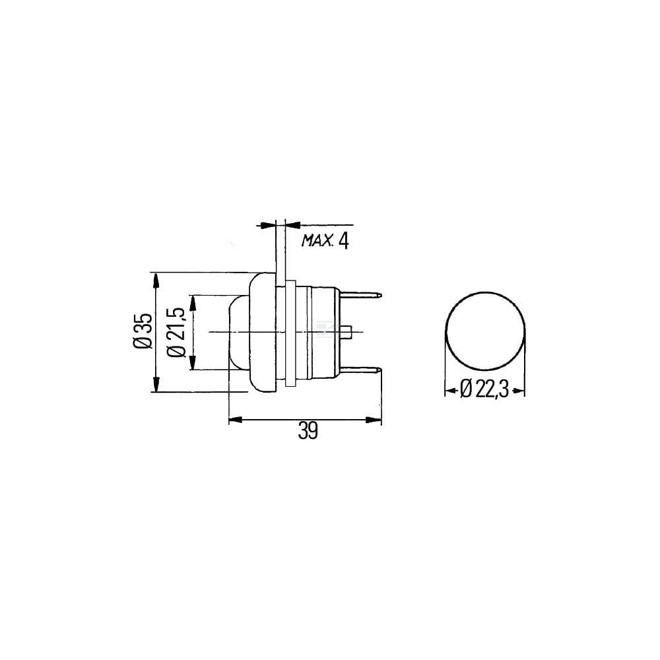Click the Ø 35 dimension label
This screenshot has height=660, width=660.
[143, 331]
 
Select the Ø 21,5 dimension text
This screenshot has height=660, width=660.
[177, 332]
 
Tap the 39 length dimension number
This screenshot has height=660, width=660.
[308, 431]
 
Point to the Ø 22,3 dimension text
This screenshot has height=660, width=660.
[484, 389]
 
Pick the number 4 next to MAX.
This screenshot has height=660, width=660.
[343, 241]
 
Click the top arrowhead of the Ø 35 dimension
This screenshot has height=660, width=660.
[156, 280]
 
